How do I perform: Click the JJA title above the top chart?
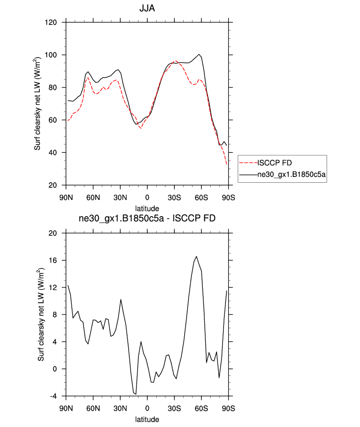pyautogui.click(x=147, y=8)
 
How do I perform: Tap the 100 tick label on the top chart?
pyautogui.click(x=54, y=55)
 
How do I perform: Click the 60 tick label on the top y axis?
pyautogui.click(x=55, y=120)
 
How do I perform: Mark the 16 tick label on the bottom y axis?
pyautogui.click(x=55, y=260)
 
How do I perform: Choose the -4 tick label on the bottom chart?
pyautogui.click(x=55, y=396)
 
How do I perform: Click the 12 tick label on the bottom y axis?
pyautogui.click(x=55, y=287)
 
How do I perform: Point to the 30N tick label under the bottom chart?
pyautogui.click(x=120, y=408)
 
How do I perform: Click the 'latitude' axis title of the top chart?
pyautogui.click(x=147, y=208)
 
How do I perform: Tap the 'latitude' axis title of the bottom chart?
pyautogui.click(x=147, y=420)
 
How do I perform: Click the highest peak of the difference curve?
pyautogui.click(x=196, y=256)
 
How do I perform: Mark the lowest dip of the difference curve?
pyautogui.click(x=136, y=394)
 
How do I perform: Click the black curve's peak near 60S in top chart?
pyautogui.click(x=199, y=55)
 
